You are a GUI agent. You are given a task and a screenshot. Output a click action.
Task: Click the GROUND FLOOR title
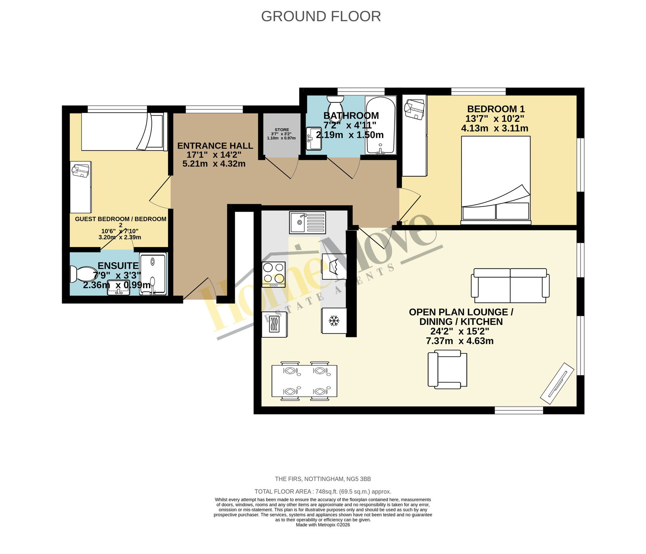pos(321,16)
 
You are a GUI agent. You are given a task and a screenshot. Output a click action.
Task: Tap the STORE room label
pos(282,130)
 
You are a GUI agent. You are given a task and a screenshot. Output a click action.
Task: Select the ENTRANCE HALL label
pos(215,146)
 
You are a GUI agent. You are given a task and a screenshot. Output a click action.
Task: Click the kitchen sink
pos(307,222)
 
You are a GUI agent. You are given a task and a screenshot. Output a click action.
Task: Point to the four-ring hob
pos(274,274)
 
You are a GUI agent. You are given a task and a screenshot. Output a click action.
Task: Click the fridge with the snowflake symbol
pos(334,321)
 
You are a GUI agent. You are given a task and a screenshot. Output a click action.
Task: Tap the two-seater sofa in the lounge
pos(510,285)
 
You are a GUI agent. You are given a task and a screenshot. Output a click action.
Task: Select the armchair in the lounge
pos(447,369)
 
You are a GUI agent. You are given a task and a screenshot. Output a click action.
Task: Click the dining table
pos(304,381)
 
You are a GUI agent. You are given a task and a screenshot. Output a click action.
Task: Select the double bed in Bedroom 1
pos(496,180)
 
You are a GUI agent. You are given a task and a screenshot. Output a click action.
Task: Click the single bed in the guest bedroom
pos(124,132)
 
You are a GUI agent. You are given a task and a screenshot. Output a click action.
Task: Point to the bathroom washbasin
pos(314,138)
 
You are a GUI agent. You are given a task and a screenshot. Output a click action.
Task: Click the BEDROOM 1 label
pos(496,109)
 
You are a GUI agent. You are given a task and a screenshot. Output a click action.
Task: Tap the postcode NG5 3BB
pos(359,479)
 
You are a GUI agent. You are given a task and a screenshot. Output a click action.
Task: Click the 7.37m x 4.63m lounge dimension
pos(459,341)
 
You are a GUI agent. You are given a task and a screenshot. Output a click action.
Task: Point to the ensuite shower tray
pos(153,274)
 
